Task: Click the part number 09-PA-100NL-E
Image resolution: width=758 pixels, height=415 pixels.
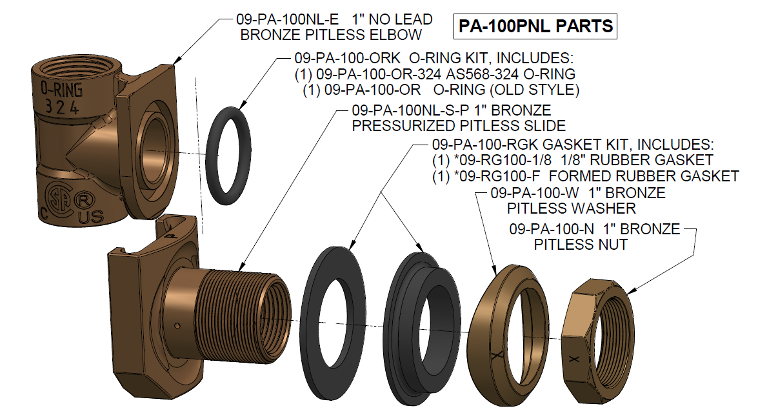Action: [x=284, y=20]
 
